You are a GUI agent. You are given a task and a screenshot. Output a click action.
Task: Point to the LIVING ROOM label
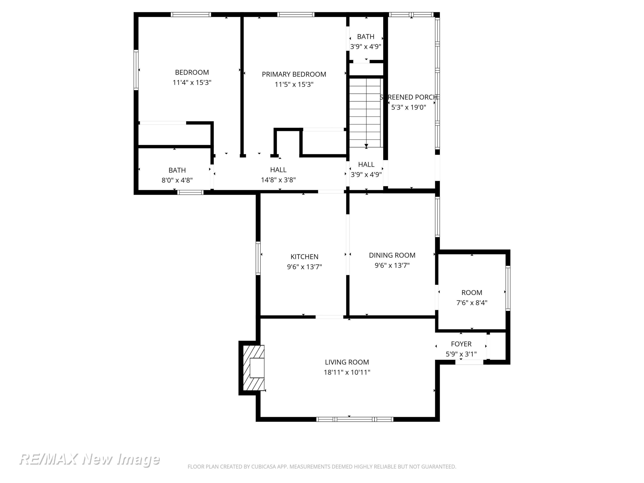point(347,362)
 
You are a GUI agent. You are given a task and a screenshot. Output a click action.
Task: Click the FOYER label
point(461,344)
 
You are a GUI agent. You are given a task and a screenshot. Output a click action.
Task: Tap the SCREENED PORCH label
point(409,97)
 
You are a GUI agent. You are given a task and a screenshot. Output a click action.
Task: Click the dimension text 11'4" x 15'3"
point(192,82)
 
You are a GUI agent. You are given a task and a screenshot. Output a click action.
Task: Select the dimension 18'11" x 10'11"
point(347,372)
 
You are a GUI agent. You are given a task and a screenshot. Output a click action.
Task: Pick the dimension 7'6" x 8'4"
point(472,302)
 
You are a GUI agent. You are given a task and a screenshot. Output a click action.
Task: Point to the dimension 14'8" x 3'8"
point(278,180)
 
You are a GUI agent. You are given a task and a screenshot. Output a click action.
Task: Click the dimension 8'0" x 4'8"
point(177,180)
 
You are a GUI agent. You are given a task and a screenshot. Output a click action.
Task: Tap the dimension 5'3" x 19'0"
point(409,107)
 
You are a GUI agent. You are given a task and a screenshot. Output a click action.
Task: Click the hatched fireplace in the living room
point(254,368)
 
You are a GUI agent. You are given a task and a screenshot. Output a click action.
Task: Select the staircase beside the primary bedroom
point(365,113)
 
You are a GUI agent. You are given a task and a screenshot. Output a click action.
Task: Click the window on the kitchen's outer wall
point(258,258)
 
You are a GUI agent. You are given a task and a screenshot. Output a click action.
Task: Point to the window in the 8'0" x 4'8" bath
point(190,192)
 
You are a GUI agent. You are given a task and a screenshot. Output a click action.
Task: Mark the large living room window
point(355,419)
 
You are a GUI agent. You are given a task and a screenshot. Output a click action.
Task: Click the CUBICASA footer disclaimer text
point(322,467)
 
